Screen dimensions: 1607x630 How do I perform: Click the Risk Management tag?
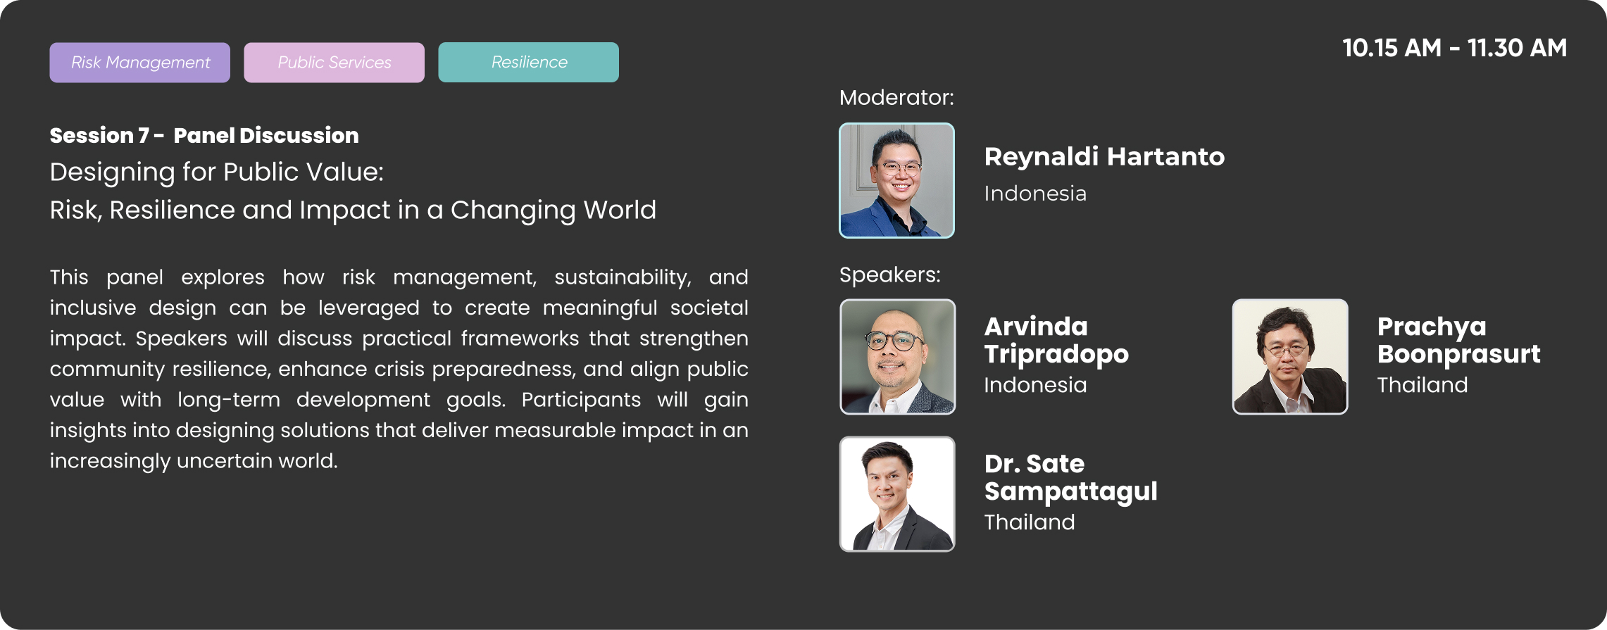(x=139, y=63)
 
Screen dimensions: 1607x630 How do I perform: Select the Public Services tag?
(x=334, y=63)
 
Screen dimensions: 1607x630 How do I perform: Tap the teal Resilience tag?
(x=528, y=63)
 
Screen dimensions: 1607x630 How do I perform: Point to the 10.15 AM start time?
(x=1392, y=48)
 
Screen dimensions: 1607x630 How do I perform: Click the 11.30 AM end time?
(x=1517, y=48)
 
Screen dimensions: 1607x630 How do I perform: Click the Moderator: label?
(x=896, y=97)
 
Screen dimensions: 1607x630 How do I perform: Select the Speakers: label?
(x=889, y=275)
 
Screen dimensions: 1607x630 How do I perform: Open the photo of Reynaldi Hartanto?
(x=896, y=180)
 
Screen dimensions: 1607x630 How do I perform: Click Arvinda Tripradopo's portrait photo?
(x=897, y=357)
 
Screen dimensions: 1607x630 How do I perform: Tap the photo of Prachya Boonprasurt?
(x=1290, y=357)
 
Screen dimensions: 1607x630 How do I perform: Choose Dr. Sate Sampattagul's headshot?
(x=897, y=494)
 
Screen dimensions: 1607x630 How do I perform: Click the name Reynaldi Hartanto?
(x=1104, y=156)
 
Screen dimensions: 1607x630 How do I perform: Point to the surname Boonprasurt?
(x=1458, y=354)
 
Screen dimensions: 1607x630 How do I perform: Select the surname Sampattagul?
(x=1070, y=491)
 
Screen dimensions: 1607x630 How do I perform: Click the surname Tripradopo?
(x=1056, y=354)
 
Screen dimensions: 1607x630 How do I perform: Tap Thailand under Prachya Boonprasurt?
(x=1422, y=385)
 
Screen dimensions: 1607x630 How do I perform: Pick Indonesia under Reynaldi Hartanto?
(x=1035, y=194)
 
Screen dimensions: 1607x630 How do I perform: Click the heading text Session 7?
(x=99, y=135)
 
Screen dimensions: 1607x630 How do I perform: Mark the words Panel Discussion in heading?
(x=266, y=135)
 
